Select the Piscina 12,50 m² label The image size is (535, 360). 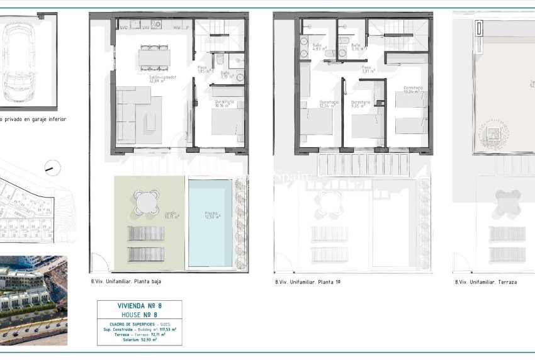(x=212, y=215)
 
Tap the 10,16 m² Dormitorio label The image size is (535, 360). (x=224, y=104)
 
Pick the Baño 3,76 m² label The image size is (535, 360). (x=356, y=47)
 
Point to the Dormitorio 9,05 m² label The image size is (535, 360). (x=361, y=104)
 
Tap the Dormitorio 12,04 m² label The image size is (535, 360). (x=329, y=104)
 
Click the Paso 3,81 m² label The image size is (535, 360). (x=368, y=69)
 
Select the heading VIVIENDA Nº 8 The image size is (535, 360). (x=139, y=306)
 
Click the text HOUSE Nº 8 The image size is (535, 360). (x=139, y=314)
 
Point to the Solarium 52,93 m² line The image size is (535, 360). (x=139, y=340)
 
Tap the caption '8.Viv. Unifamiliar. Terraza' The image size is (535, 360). (x=485, y=283)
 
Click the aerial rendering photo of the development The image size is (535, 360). (x=33, y=300)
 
